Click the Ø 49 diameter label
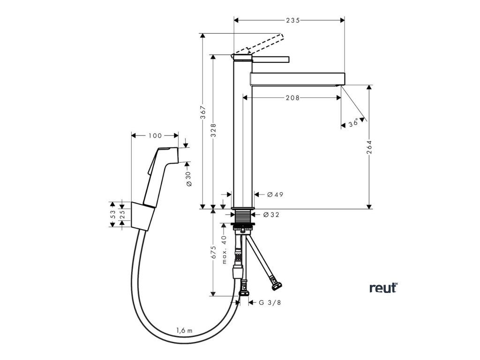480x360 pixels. [275, 195]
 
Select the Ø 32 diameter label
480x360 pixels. [271, 215]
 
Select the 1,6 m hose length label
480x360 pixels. [184, 330]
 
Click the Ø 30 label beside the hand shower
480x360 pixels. [188, 178]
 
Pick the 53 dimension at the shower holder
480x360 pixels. [112, 214]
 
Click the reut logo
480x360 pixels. [383, 287]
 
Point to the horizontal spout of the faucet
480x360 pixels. [297, 78]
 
